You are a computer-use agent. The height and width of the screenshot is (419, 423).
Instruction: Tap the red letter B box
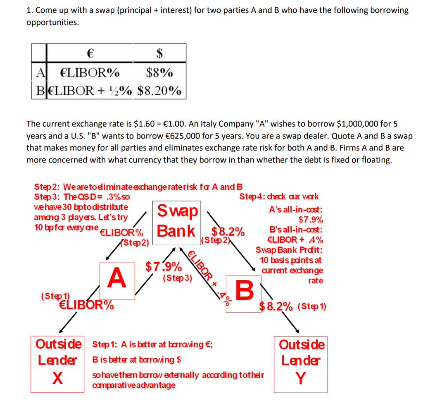coord(245,290)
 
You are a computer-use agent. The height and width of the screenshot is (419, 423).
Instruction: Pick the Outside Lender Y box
coord(301,364)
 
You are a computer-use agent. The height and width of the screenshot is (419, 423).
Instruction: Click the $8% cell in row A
coord(159,73)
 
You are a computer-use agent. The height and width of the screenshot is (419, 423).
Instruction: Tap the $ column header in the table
coord(159,53)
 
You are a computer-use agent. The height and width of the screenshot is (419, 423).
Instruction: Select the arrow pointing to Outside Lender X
coord(68,322)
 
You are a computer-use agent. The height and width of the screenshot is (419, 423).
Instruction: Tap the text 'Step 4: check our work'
coord(279,197)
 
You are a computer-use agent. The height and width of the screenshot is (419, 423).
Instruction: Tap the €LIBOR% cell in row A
coord(90,73)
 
